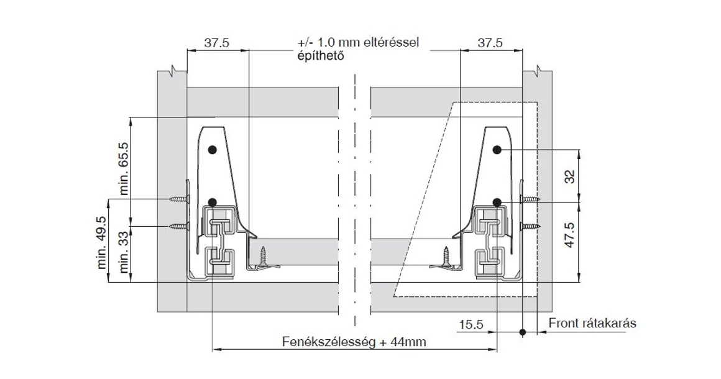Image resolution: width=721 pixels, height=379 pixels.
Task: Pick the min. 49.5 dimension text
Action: point(103,243)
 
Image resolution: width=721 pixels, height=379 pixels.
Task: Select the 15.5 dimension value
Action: point(471,325)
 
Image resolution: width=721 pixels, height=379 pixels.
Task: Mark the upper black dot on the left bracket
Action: point(213,150)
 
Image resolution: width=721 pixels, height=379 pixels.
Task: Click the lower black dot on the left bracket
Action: point(213,202)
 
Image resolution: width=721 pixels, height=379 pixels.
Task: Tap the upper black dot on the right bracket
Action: point(497,150)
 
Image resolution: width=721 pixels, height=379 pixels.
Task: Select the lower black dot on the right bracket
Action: point(497,202)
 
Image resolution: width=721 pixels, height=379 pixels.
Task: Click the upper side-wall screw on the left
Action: point(178,199)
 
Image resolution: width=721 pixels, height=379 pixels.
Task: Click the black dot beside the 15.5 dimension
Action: point(523,332)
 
